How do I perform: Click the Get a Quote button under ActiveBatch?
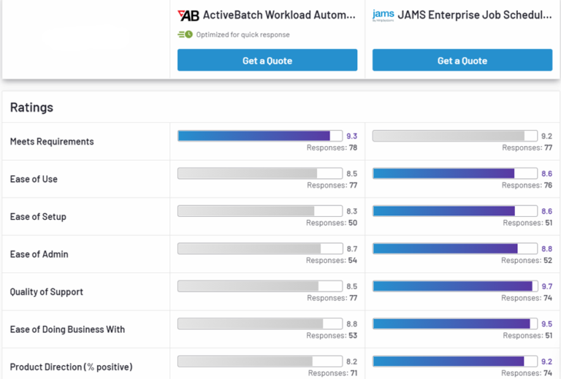(267, 61)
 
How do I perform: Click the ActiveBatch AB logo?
(188, 15)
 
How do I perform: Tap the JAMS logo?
(383, 15)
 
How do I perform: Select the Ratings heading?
(31, 107)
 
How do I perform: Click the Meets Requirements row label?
(52, 142)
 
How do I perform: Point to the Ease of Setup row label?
(38, 217)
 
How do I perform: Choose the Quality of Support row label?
(46, 292)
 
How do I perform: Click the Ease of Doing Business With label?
(67, 329)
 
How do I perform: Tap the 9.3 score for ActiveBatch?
(351, 136)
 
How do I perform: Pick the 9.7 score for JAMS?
(546, 286)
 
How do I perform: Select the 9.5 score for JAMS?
(546, 324)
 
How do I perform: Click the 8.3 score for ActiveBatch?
(351, 211)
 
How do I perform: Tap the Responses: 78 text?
(332, 148)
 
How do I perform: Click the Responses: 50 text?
(332, 223)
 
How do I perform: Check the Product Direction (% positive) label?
(71, 367)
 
